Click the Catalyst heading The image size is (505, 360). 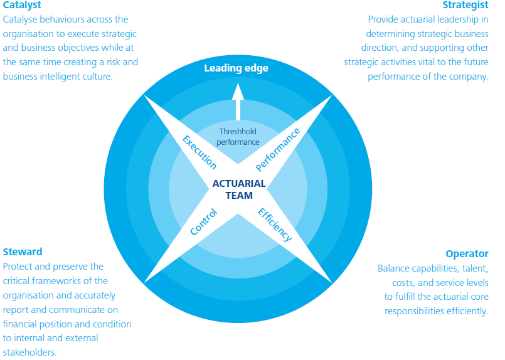[21, 6]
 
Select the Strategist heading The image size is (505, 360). [465, 6]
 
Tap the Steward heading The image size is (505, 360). [23, 252]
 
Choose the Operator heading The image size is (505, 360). [467, 254]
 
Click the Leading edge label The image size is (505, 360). [236, 68]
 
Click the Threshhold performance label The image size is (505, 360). [239, 137]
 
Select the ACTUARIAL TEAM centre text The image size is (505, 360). [239, 189]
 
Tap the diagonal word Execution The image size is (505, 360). [199, 151]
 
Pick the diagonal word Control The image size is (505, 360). [204, 222]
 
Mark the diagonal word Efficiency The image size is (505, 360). [275, 224]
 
